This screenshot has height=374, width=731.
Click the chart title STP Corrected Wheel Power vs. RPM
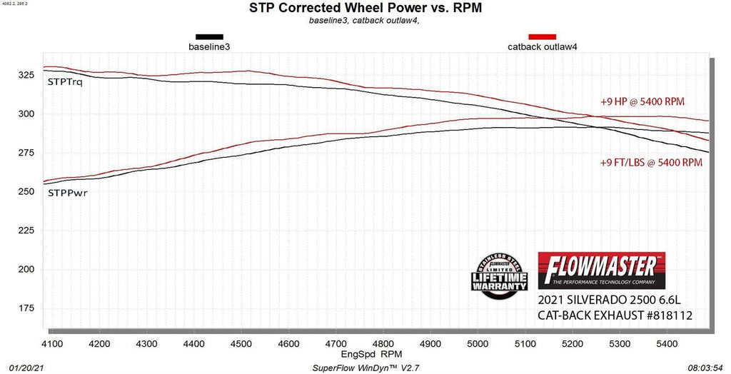point(365,9)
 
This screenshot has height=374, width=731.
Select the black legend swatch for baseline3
point(209,36)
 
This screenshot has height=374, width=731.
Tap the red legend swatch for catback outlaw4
point(542,36)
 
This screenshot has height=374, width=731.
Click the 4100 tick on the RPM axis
point(53,344)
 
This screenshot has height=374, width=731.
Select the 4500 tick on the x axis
point(241,344)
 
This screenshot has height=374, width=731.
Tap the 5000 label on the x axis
point(477,344)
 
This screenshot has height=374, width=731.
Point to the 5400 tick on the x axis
point(665,344)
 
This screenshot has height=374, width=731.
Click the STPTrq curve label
point(65,82)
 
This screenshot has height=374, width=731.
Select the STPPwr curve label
point(67,193)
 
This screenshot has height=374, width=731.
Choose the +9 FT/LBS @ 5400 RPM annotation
point(651,162)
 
